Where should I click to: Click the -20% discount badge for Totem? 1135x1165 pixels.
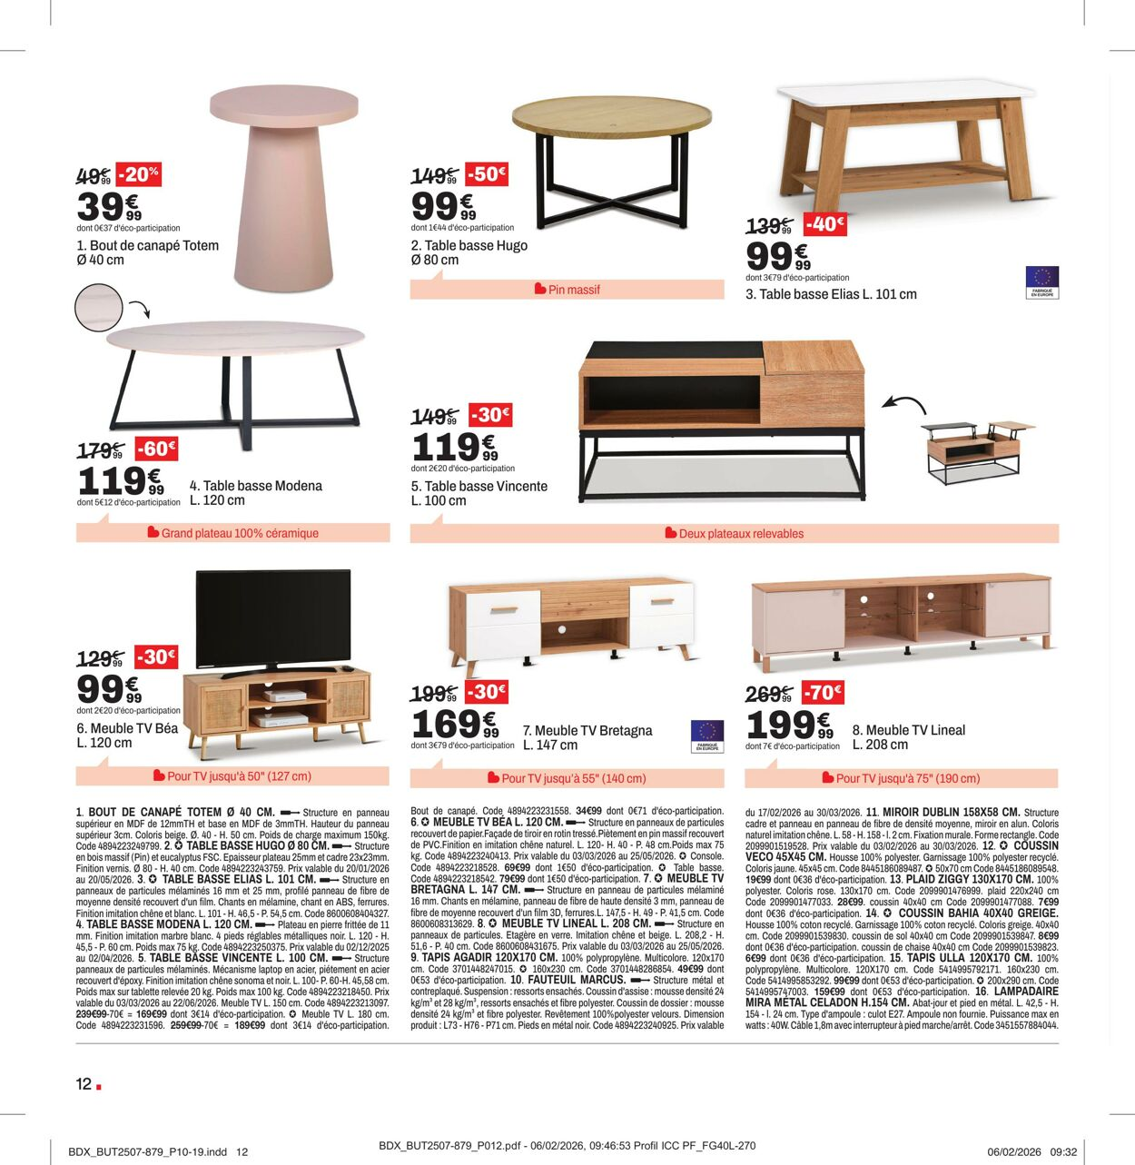[x=139, y=173]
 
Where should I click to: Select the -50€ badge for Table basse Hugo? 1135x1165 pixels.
[x=488, y=173]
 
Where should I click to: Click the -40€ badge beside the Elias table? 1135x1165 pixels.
[x=824, y=224]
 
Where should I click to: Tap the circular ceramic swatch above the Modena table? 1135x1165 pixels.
[x=98, y=306]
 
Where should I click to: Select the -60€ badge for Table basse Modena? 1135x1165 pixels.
[x=156, y=449]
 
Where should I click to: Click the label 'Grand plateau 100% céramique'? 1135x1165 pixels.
[x=240, y=533]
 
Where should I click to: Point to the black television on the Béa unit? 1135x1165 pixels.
[x=273, y=617]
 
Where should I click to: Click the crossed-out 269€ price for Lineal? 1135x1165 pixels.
[x=769, y=695]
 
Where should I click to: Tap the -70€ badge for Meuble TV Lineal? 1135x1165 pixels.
[x=823, y=693]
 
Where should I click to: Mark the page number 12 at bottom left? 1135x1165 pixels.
[x=84, y=1083]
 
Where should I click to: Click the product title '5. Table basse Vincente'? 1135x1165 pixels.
[x=479, y=486]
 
